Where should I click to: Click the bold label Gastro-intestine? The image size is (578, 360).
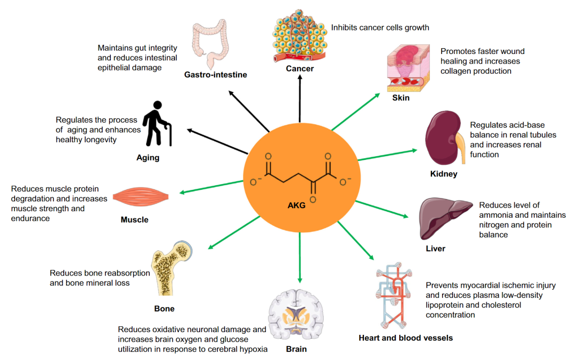pos(216,75)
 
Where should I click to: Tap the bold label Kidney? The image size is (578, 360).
pos(444,174)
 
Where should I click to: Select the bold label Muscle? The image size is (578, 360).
pos(134,220)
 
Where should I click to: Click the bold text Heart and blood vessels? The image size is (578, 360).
pos(406,338)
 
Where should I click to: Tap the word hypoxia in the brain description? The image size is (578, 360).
pos(254,349)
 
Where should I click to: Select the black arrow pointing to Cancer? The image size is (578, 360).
pos(300,102)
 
